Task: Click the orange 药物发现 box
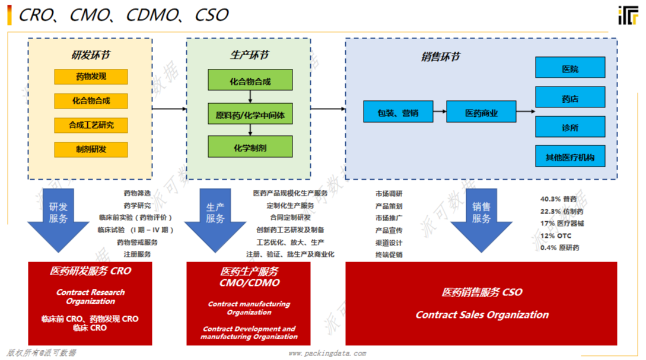[91, 77]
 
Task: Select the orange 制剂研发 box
[91, 149]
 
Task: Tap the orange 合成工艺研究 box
[91, 125]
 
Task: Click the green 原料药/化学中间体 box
[250, 114]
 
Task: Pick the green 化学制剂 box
[250, 147]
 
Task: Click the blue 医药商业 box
[480, 112]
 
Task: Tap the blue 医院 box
[569, 68]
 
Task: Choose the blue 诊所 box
[569, 127]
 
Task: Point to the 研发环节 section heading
[90, 56]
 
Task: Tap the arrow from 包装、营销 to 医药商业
[440, 111]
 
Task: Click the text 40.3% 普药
[558, 199]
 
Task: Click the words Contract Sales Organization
[481, 315]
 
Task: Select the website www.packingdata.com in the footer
[327, 353]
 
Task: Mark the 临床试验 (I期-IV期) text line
[135, 230]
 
